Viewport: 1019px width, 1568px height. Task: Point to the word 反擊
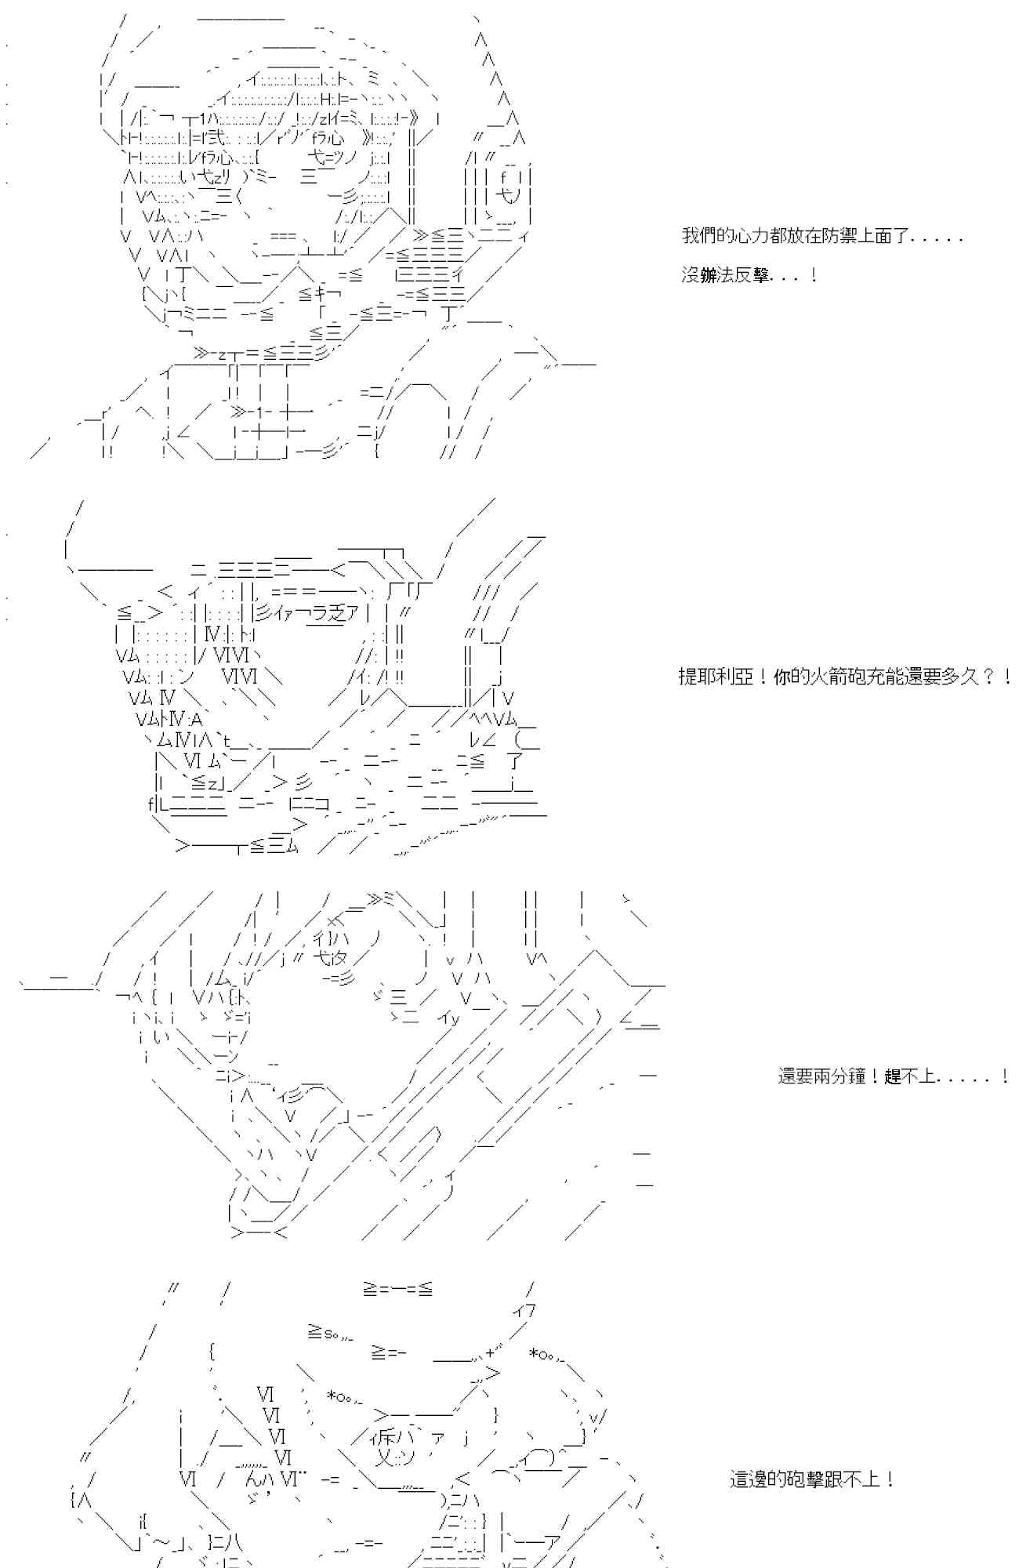pyautogui.click(x=756, y=276)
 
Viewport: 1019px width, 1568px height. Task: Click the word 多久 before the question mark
pyautogui.click(x=957, y=677)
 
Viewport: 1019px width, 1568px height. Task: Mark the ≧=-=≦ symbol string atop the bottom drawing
pyautogui.click(x=397, y=1288)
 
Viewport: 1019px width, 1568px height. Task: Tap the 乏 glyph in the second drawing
pyautogui.click(x=338, y=613)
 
